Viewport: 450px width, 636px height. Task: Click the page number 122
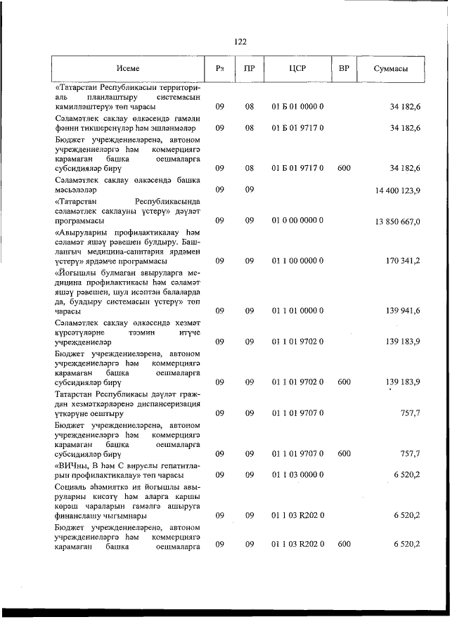[240, 41]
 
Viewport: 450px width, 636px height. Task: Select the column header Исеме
[128, 69]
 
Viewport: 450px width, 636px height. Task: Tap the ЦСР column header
[297, 69]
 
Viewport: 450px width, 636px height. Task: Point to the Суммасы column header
[389, 69]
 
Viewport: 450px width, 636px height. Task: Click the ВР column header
[344, 69]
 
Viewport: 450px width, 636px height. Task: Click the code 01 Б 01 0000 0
[297, 108]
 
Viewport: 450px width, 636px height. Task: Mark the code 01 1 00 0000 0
[297, 261]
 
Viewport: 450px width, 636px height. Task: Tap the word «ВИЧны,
[72, 465]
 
